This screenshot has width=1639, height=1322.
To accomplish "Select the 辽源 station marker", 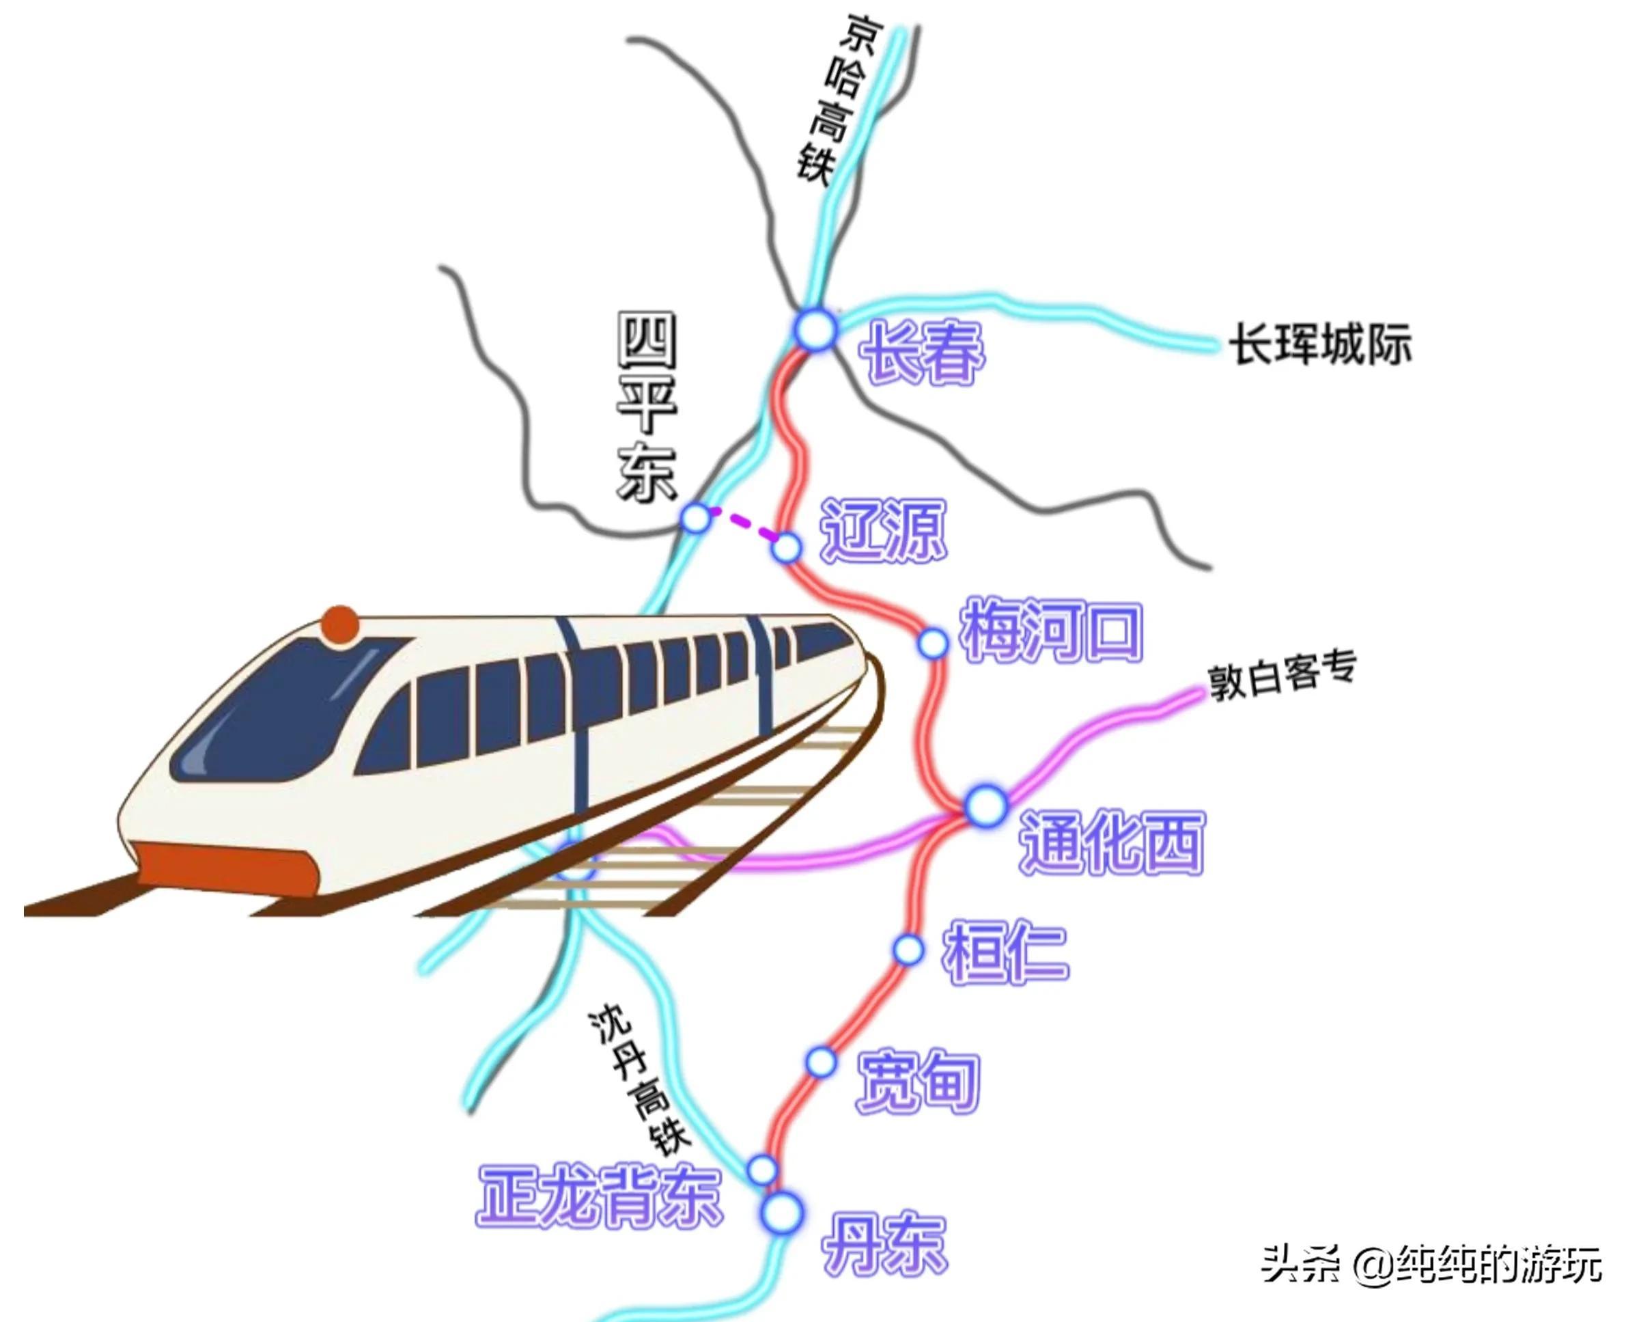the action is [x=787, y=547].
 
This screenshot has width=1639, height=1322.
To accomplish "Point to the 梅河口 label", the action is [x=1051, y=631].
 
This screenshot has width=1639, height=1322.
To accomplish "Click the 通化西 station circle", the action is [x=986, y=805].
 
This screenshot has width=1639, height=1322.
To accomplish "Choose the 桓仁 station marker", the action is [x=908, y=950].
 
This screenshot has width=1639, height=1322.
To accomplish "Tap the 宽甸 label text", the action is [x=917, y=1082].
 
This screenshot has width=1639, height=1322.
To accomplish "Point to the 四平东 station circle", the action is [x=695, y=518].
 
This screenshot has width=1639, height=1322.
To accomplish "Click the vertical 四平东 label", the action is [x=646, y=407].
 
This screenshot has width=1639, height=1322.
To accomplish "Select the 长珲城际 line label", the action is [x=1321, y=344].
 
